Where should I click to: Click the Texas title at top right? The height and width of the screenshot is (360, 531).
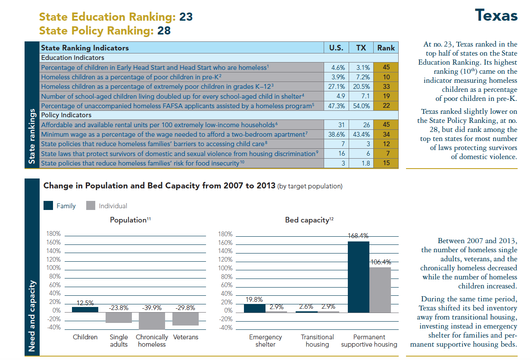(x=496, y=16)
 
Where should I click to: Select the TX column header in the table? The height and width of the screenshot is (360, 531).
(x=361, y=48)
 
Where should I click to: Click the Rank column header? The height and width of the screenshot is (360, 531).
(x=386, y=48)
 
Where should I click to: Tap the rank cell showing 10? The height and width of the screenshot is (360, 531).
(x=386, y=77)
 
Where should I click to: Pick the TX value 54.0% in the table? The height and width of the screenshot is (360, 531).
(x=361, y=106)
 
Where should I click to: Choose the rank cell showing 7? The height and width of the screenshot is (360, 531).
(x=386, y=153)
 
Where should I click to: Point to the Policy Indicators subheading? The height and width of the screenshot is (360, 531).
(x=66, y=115)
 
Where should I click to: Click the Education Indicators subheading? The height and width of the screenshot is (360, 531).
(x=72, y=58)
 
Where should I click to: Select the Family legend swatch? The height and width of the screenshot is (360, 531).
(x=48, y=206)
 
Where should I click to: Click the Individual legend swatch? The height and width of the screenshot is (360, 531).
(x=91, y=206)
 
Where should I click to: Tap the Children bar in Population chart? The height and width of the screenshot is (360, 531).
(x=85, y=309)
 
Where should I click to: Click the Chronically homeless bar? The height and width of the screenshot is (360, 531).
(x=152, y=320)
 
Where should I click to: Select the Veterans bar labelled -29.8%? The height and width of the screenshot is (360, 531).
(x=185, y=318)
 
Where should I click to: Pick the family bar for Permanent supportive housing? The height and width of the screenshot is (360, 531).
(x=358, y=276)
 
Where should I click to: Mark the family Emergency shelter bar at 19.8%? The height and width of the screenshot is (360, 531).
(x=255, y=307)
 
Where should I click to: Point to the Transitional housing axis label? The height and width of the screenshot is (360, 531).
(x=317, y=341)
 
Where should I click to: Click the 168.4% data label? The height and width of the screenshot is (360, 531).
(x=358, y=236)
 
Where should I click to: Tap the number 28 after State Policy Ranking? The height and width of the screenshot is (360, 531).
(x=163, y=31)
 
